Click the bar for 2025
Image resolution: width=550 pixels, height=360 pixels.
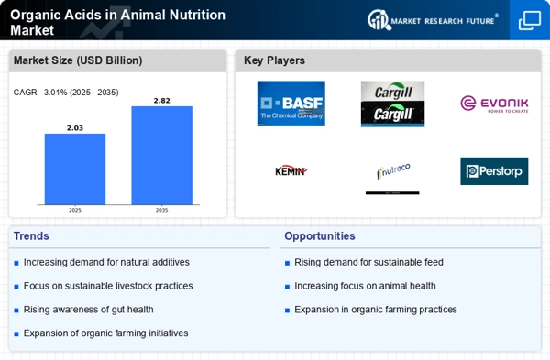75,169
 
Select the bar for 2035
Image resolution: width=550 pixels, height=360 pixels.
161,155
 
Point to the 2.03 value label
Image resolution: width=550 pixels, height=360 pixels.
75,127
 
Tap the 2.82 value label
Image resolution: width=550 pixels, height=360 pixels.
161,100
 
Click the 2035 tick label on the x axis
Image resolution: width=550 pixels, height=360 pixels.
161,210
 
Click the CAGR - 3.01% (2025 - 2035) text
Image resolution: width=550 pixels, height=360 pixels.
66,92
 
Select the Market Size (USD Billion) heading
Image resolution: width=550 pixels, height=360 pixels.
76,60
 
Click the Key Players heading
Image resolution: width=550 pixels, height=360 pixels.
274,60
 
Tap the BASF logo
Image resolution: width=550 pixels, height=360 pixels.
291,104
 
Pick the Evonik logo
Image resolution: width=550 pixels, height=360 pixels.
494,104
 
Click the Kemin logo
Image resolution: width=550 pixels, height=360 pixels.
291,170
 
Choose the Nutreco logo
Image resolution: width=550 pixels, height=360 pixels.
392,171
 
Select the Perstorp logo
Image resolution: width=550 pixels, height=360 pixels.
494,170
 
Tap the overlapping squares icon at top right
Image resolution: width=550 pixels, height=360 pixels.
529,20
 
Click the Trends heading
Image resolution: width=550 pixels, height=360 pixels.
32,236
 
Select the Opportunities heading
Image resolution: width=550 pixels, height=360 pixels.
320,236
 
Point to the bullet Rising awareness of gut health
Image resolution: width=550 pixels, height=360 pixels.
88,310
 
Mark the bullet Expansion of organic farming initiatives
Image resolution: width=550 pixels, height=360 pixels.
105,333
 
